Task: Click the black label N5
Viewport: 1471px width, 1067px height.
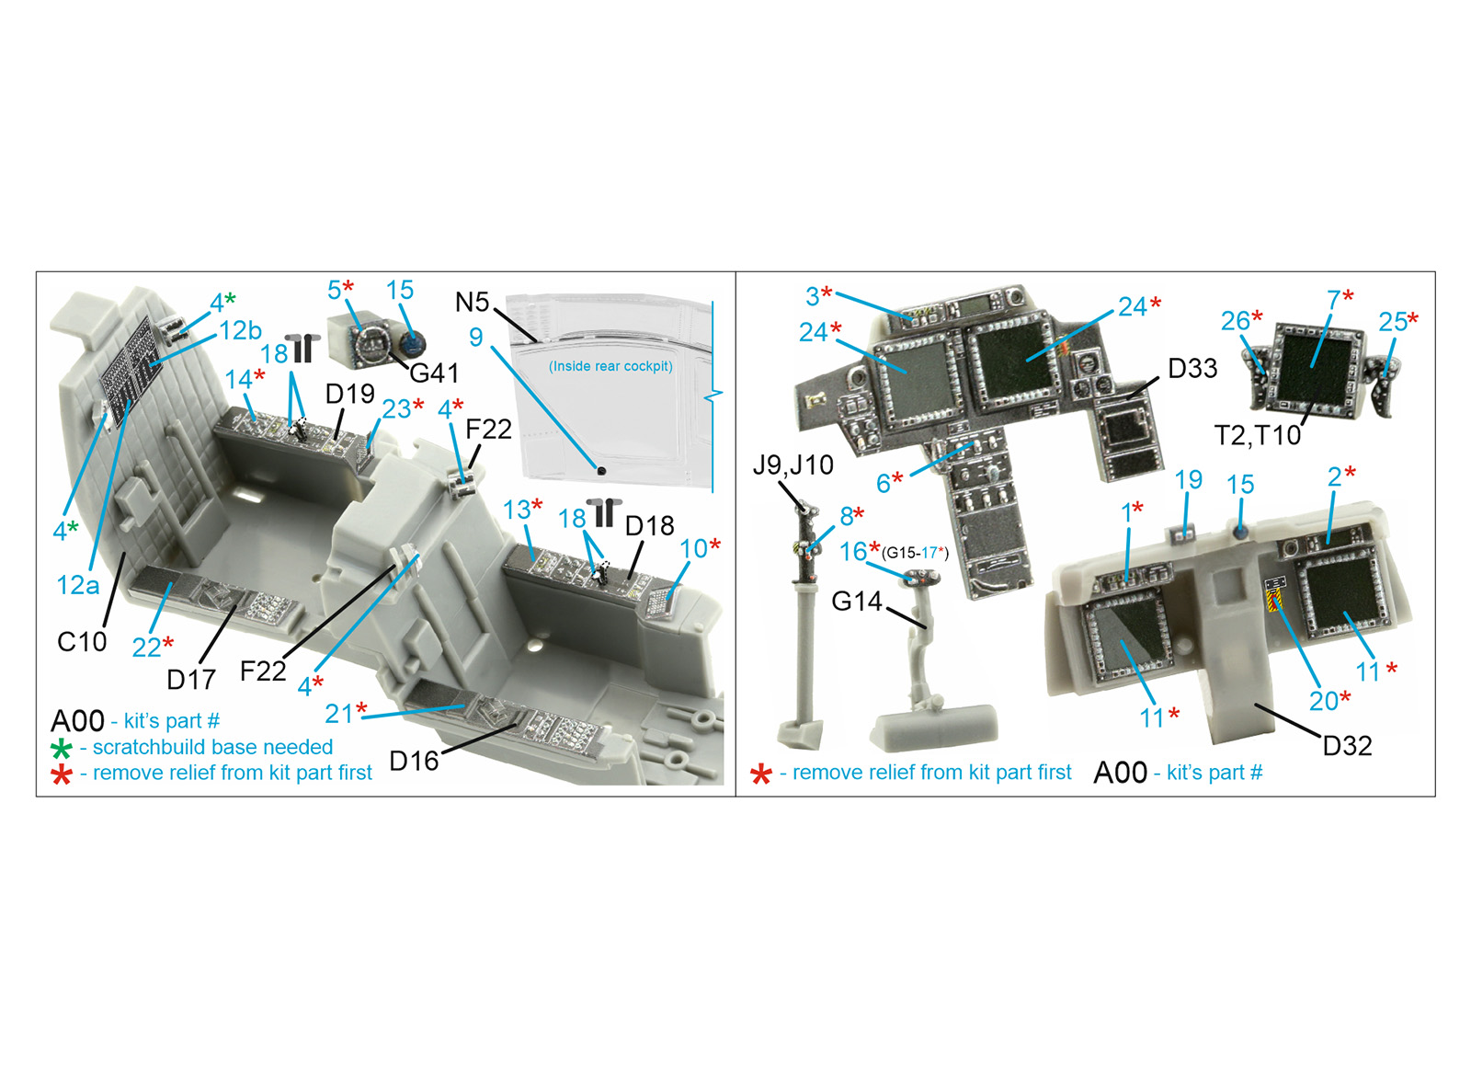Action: click(x=473, y=303)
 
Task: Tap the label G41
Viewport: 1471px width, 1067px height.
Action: click(x=434, y=373)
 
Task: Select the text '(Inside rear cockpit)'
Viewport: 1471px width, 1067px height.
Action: click(x=610, y=366)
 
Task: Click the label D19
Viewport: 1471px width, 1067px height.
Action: click(x=350, y=395)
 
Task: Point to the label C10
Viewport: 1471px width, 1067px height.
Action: click(x=82, y=642)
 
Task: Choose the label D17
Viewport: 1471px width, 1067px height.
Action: click(x=191, y=680)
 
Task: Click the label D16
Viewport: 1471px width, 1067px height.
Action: click(x=414, y=761)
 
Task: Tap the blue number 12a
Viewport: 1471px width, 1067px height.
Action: click(x=78, y=585)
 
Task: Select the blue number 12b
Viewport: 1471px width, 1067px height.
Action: click(x=240, y=330)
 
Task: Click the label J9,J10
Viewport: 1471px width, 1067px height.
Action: click(x=793, y=465)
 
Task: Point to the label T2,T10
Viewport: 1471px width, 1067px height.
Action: click(x=1258, y=435)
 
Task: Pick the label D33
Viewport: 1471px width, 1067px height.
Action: click(x=1192, y=369)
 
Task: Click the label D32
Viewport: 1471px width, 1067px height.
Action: click(x=1347, y=746)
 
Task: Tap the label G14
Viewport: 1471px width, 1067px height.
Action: click(x=856, y=601)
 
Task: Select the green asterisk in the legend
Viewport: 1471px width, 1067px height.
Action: click(x=61, y=749)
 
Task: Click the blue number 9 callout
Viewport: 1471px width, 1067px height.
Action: click(x=476, y=337)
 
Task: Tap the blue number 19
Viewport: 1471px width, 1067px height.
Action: click(x=1189, y=479)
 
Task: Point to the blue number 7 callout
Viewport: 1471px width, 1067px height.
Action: click(x=1333, y=300)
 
